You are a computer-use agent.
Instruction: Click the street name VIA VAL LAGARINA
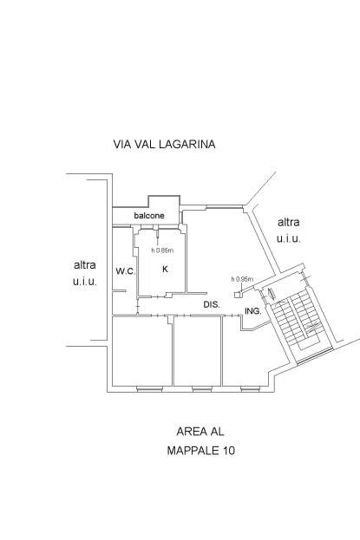pos(164,144)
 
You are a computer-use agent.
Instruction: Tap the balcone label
pos(149,216)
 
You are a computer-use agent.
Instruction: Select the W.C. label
pos(126,271)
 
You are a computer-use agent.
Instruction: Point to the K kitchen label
pos(165,269)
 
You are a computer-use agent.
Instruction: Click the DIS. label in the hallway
pos(212,304)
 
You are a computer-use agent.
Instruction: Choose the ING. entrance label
pos(252,311)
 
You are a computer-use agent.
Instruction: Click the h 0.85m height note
pos(162,250)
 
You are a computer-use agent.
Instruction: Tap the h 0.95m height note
pos(242,279)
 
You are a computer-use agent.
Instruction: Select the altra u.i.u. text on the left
pos(85,273)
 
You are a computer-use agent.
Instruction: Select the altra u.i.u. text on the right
pos(289,231)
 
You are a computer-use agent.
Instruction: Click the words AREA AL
pos(200,431)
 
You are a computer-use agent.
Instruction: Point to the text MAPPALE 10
pos(201,450)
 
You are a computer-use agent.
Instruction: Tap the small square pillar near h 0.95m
pos(238,295)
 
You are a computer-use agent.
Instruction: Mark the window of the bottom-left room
pos(149,389)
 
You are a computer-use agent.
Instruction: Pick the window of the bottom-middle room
pos(202,389)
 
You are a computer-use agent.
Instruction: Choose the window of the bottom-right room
pos(251,389)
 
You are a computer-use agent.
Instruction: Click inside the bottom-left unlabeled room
pos(142,351)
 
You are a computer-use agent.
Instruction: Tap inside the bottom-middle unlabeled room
pos(197,351)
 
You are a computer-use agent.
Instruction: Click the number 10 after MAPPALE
pos(228,450)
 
